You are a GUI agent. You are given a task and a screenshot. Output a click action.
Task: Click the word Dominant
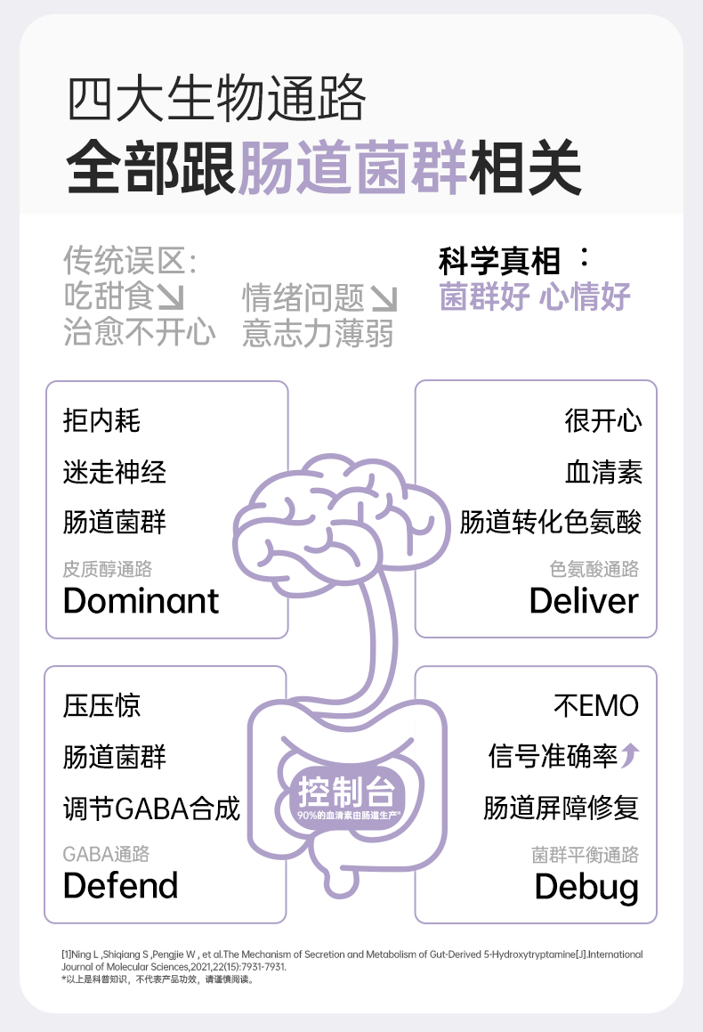pos(141,601)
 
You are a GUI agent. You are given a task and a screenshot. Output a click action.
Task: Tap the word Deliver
pos(584,601)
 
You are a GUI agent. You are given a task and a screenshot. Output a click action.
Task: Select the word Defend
pos(121,886)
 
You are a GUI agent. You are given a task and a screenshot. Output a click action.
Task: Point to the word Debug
pos(586,887)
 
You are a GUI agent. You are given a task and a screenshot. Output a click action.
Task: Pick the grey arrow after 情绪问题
pos(384,297)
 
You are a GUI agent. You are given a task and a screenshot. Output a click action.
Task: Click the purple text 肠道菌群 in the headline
pos(353,167)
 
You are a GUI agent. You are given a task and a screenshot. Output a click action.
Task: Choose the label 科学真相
pos(499,262)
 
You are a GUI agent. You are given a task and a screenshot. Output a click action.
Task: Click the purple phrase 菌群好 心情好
pos(535,297)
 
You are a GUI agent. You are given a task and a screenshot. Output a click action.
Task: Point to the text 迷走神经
pos(115,471)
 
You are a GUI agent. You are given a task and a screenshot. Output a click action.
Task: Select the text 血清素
pos(603,471)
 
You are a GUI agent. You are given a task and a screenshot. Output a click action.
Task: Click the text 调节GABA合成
pos(152,809)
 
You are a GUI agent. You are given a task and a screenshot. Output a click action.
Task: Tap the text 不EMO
pos(596,706)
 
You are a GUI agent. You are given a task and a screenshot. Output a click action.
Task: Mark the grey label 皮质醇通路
pos(108,569)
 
